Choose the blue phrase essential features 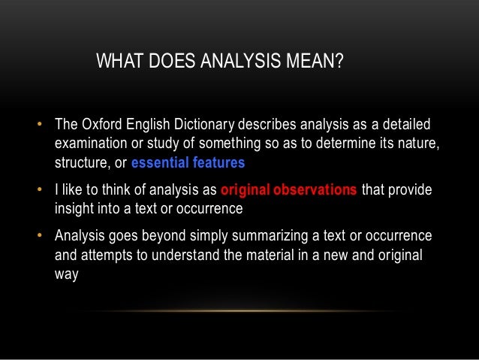tap(188, 162)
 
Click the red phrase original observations tap(289, 190)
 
